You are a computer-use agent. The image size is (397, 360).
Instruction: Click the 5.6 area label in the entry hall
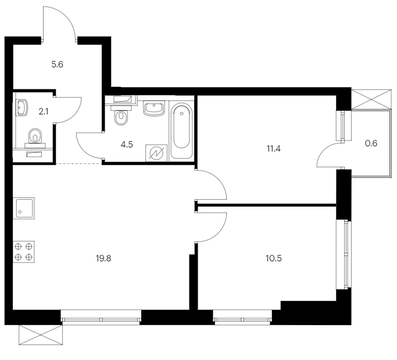pyautogui.click(x=57, y=64)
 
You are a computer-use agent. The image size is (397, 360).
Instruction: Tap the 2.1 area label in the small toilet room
pyautogui.click(x=43, y=111)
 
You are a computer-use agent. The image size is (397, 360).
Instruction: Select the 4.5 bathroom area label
pyautogui.click(x=127, y=145)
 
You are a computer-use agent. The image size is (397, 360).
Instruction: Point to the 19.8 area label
pyautogui.click(x=103, y=258)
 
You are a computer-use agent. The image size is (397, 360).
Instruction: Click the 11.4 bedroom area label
pyautogui.click(x=273, y=149)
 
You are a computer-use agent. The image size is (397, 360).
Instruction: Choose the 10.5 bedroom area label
pyautogui.click(x=273, y=258)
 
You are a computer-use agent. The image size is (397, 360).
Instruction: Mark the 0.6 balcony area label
pyautogui.click(x=371, y=143)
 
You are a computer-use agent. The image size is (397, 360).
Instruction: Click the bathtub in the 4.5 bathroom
pyautogui.click(x=181, y=130)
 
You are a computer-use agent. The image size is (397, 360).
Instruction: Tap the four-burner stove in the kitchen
pyautogui.click(x=24, y=252)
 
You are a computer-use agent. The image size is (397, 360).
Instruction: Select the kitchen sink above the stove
pyautogui.click(x=24, y=208)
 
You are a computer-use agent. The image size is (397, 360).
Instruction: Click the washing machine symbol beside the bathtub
pyautogui.click(x=156, y=153)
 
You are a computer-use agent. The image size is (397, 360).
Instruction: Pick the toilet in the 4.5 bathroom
pyautogui.click(x=121, y=116)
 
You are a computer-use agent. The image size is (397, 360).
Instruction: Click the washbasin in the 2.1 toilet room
pyautogui.click(x=22, y=108)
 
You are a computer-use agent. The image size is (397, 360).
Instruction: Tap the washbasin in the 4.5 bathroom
pyautogui.click(x=154, y=109)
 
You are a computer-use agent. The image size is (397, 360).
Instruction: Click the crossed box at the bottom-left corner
pyautogui.click(x=41, y=334)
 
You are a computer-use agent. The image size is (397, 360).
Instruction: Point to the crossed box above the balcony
pyautogui.click(x=371, y=99)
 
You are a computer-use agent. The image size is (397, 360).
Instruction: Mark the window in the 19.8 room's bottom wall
pyautogui.click(x=101, y=318)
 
